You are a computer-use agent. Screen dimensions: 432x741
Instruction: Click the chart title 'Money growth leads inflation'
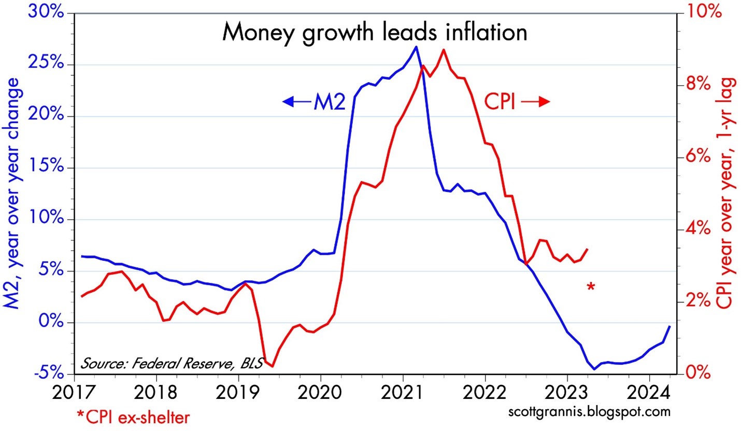[374, 33]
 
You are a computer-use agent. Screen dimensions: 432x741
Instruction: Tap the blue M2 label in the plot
[329, 103]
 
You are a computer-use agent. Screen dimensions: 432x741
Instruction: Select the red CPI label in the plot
[500, 103]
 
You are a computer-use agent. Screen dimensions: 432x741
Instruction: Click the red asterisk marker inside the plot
[590, 286]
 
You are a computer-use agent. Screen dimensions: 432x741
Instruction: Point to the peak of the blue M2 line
[416, 47]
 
